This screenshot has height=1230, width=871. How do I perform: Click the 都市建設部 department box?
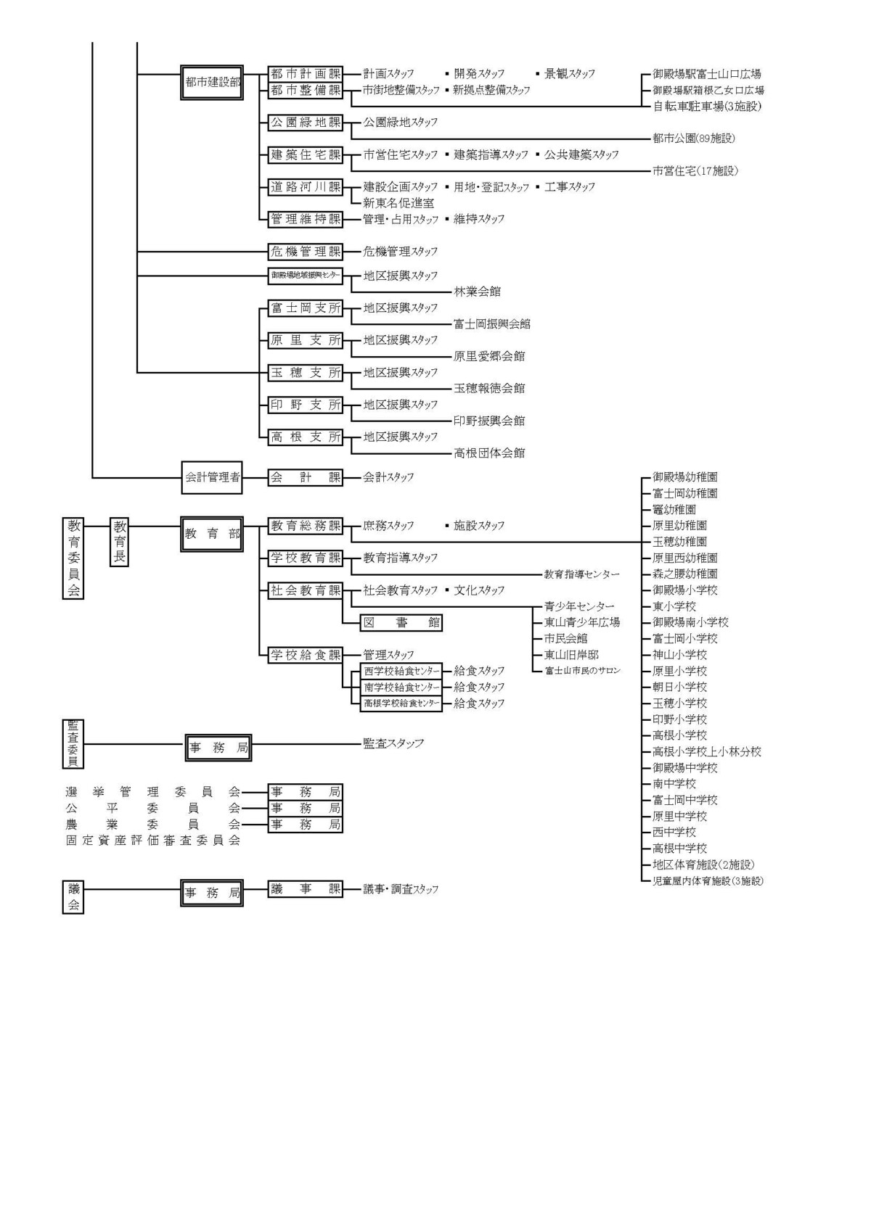point(212,83)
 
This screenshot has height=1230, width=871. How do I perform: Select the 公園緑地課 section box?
point(305,123)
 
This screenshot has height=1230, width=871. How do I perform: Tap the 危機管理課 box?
point(305,252)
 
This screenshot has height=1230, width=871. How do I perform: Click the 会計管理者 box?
point(212,477)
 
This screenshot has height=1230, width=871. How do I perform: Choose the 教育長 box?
point(119,542)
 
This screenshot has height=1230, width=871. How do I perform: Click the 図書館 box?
point(401,622)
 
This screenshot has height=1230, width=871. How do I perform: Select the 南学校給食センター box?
point(401,687)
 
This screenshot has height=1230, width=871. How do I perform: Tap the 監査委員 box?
point(73,743)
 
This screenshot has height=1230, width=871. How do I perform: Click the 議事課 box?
point(305,889)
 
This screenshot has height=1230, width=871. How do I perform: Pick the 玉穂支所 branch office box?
point(305,373)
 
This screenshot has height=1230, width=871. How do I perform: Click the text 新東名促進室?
point(398,203)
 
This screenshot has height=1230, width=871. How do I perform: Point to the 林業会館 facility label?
point(477,292)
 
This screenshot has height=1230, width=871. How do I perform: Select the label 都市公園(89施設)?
point(694,139)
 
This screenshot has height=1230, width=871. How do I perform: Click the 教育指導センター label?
point(582,574)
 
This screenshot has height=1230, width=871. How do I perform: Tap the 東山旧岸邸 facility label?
point(571,655)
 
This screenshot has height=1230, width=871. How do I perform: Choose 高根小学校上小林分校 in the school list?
point(706,752)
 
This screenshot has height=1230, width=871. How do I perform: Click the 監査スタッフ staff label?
point(393,743)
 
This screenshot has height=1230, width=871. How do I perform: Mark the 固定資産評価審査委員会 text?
point(152,841)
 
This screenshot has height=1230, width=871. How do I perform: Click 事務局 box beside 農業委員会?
point(305,825)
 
